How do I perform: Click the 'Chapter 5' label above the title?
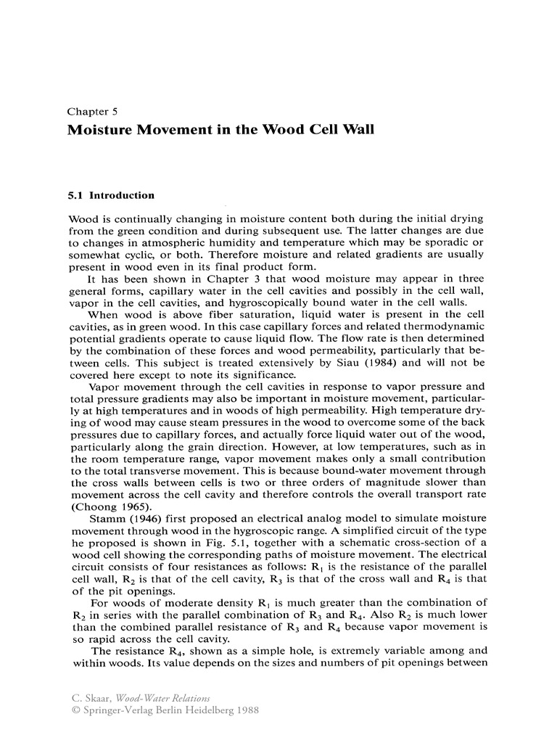[92, 112]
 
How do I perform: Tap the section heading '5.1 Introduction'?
[110, 195]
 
